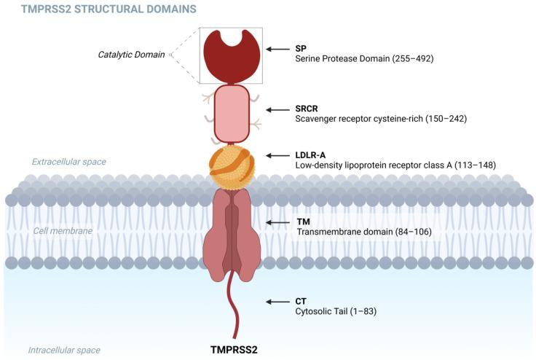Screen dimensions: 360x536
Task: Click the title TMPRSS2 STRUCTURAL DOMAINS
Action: coord(98,10)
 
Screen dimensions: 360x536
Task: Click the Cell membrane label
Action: coord(63,230)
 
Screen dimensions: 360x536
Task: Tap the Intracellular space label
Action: coord(64,350)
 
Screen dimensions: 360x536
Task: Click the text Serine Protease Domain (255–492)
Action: coord(364,58)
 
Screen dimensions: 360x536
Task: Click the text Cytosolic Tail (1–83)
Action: coord(336,311)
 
